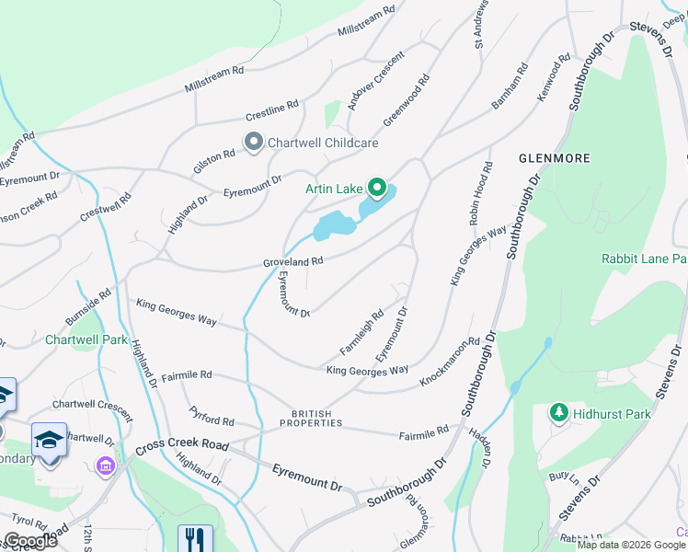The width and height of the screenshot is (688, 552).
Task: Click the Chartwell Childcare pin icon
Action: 253,142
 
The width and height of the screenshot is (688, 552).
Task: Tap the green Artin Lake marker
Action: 377,188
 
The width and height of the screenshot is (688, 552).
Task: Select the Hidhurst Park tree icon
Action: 557,414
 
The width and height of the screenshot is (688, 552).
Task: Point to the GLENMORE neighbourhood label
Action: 554,158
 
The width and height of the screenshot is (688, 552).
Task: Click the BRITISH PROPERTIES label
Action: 317,419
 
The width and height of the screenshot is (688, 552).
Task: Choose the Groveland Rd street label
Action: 292,261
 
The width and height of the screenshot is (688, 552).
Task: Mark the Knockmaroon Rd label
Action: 451,360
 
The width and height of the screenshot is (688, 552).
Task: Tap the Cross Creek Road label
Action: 181,447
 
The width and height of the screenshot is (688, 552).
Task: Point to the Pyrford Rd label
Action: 212,414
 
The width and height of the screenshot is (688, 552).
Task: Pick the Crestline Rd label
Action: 272,110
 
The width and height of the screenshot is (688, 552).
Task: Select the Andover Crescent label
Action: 376,75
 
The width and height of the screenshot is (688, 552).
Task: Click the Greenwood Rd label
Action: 407,100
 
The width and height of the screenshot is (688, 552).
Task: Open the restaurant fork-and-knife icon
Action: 194,538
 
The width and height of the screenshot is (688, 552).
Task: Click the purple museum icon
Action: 105,466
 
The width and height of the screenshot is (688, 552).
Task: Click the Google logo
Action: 30,541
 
